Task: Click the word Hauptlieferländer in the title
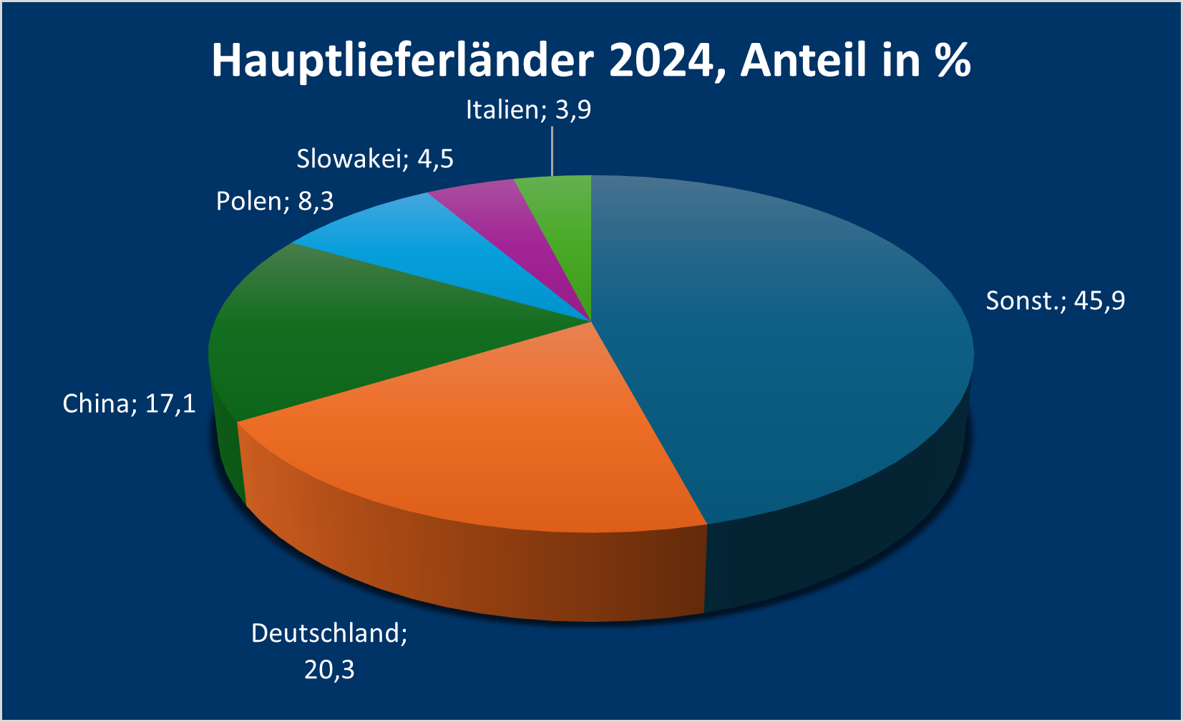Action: click(402, 60)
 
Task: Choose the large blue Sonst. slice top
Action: click(773, 343)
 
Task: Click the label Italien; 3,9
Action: click(528, 109)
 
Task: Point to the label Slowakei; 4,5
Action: click(375, 158)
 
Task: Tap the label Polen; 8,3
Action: click(275, 201)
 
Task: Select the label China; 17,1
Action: click(129, 404)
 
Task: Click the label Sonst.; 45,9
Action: click(1055, 301)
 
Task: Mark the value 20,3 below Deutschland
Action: click(329, 670)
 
